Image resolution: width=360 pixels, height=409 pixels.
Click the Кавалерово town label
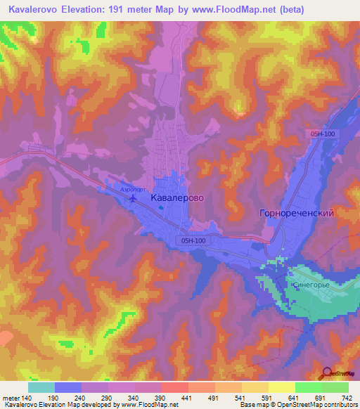(x=177, y=199)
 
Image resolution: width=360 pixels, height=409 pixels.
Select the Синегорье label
(x=306, y=285)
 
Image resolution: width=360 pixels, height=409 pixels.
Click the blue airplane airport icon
(x=133, y=199)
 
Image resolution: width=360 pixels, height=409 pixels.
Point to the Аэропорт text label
(x=133, y=190)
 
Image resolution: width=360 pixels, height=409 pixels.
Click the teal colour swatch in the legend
(x=41, y=387)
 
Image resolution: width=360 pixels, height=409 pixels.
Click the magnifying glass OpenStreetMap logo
(x=328, y=374)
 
